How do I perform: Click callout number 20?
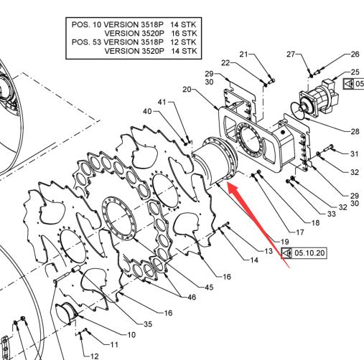(x=187, y=90)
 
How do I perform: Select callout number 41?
(x=162, y=102)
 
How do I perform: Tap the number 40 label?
(x=147, y=111)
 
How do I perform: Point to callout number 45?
(x=209, y=287)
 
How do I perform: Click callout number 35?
(x=148, y=324)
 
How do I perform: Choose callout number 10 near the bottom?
(x=131, y=335)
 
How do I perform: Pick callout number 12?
(x=94, y=356)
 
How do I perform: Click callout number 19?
(x=284, y=242)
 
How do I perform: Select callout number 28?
(x=355, y=131)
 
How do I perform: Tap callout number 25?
(x=355, y=72)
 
